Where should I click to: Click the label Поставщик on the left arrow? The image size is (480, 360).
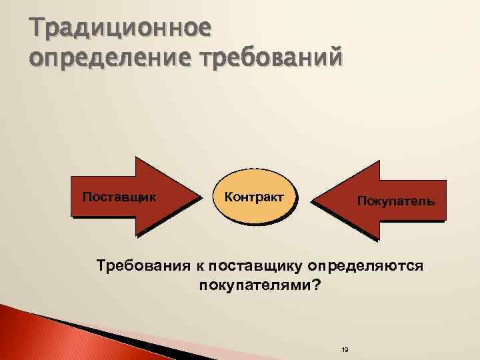[119, 197]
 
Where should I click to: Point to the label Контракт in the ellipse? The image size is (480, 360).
[254, 197]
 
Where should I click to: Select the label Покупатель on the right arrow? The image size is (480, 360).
[396, 200]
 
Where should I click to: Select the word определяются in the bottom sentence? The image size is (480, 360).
[365, 267]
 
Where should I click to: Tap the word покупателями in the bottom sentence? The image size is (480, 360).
[254, 285]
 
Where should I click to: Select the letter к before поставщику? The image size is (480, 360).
[199, 267]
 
